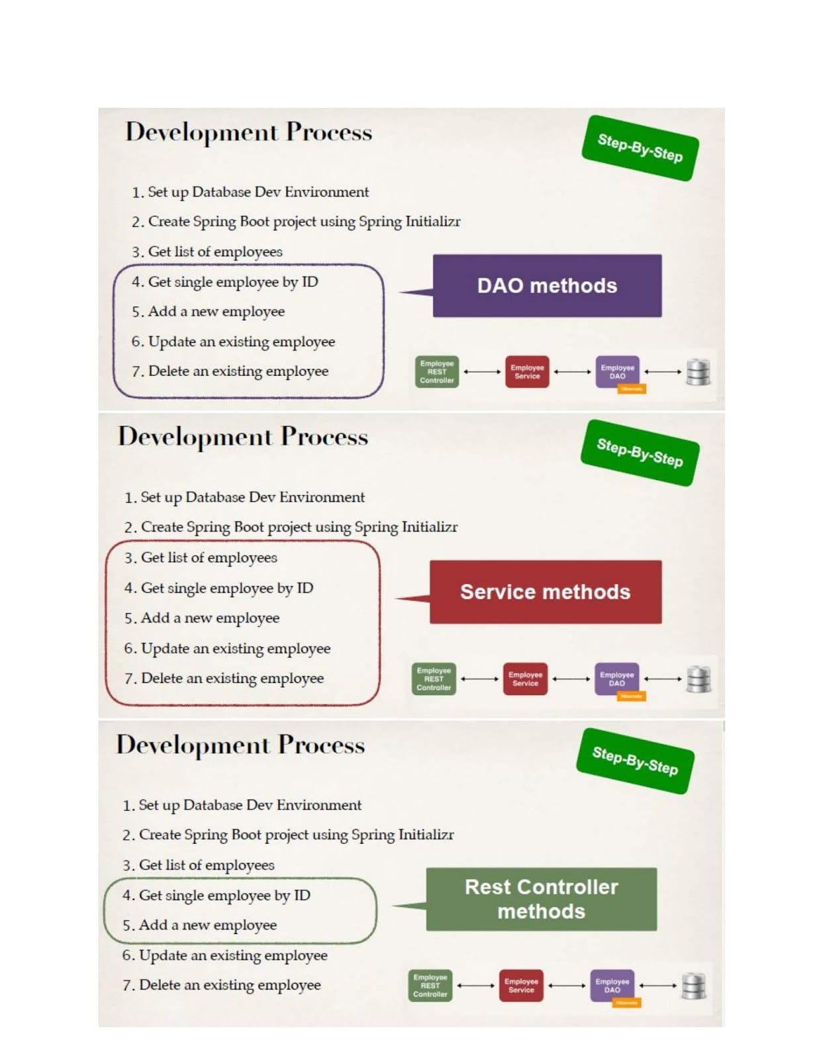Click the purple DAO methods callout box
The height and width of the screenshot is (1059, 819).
[x=547, y=286]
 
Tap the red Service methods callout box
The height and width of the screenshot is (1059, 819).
[x=545, y=592]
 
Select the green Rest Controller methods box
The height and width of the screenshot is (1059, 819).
[x=541, y=899]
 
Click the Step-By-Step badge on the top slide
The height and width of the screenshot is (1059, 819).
[x=640, y=148]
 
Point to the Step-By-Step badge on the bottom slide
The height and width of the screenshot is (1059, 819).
[x=635, y=761]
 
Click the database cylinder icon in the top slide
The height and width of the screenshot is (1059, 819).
[x=698, y=372]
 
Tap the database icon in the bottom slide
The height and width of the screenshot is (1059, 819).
[x=693, y=986]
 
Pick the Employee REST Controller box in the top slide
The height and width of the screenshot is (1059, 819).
[x=437, y=372]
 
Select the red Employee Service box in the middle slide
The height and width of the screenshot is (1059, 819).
[x=525, y=679]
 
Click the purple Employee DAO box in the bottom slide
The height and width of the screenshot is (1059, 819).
[x=612, y=986]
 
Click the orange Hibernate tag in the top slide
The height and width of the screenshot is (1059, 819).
[x=631, y=389]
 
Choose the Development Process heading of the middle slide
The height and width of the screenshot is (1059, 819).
[x=242, y=437]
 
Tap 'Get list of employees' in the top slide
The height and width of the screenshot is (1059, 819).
[x=215, y=252]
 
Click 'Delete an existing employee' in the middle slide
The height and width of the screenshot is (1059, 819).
[x=232, y=678]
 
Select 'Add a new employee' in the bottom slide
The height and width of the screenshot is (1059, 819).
[x=207, y=925]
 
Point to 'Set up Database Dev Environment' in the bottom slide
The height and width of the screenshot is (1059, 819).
[x=250, y=805]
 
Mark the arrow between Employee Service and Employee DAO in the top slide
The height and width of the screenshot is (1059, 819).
[x=572, y=372]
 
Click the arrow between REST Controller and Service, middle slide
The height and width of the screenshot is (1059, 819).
[x=479, y=679]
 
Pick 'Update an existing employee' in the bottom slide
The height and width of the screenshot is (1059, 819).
[x=233, y=955]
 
